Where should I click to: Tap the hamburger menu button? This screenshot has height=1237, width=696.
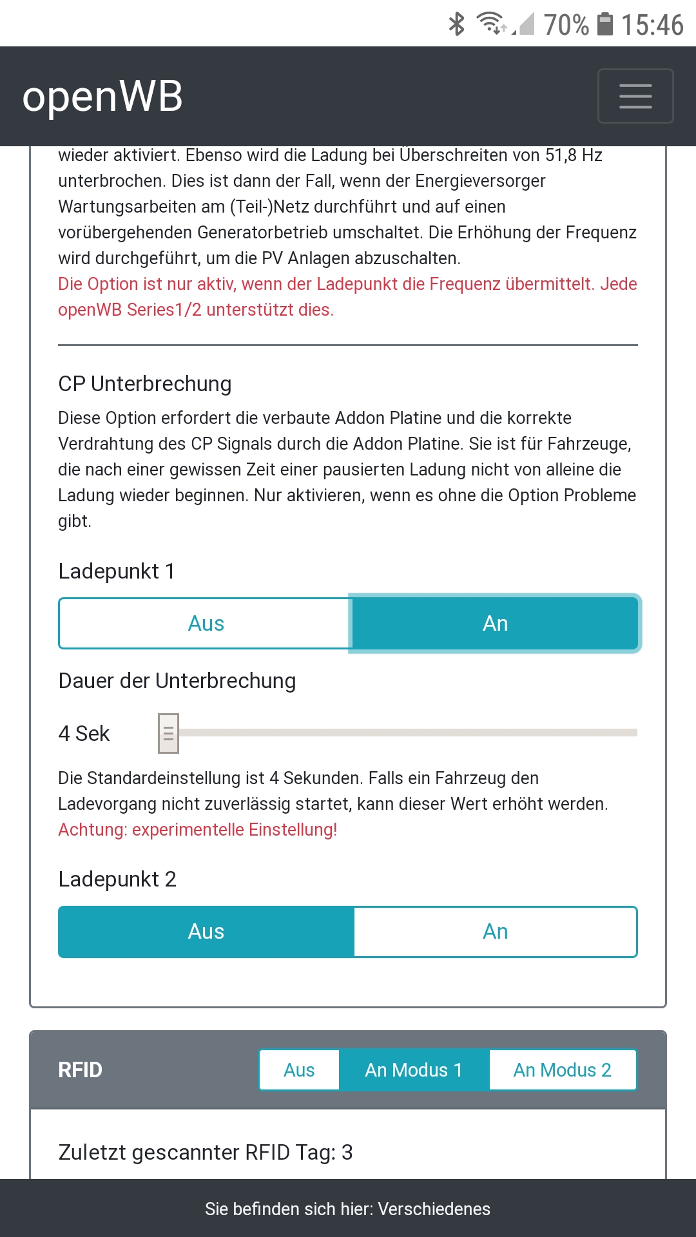635,96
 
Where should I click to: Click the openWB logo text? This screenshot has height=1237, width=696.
102,97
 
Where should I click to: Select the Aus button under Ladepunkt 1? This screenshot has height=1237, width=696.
206,624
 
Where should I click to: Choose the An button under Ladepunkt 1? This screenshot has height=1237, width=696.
495,624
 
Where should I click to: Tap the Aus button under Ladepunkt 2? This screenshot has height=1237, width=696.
206,932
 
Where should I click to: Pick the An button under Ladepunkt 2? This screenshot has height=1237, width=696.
495,932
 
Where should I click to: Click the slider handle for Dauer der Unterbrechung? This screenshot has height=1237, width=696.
168,733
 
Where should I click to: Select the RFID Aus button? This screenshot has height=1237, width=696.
299,1070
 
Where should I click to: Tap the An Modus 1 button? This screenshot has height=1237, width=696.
414,1070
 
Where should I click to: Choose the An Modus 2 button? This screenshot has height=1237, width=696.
562,1070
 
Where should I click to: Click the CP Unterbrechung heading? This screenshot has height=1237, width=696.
145,384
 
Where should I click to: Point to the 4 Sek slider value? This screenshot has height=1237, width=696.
84,734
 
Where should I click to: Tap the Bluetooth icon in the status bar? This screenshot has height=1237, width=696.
457,24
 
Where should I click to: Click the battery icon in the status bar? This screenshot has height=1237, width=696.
604,24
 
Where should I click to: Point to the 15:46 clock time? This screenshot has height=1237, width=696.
652,25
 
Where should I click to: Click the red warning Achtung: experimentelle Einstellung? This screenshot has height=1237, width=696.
198,830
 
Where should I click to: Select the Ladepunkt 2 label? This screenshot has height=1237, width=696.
117,879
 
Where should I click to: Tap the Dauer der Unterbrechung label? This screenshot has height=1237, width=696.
177,681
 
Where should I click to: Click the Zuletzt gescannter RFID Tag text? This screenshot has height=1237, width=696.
206,1152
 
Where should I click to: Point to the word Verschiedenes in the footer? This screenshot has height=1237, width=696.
434,1209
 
